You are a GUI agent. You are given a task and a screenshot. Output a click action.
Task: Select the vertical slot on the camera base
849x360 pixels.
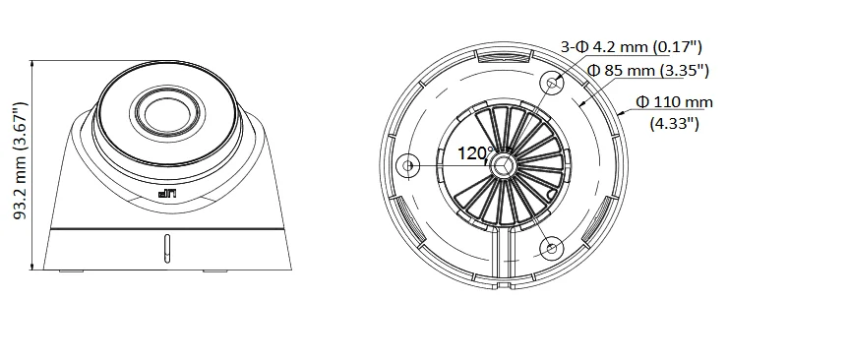tap(167, 249)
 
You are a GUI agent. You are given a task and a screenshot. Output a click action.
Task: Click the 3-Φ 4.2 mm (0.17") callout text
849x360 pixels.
tap(630, 45)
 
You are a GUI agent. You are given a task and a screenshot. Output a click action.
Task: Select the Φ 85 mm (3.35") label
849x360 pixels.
tap(648, 70)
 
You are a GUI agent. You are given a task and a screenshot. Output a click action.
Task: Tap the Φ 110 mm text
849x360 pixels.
tap(675, 101)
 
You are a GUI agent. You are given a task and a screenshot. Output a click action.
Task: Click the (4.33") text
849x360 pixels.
tap(675, 123)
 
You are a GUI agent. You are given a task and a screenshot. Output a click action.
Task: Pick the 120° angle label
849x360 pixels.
tap(476, 153)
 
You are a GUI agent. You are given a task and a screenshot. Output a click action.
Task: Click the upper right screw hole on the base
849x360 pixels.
tap(552, 85)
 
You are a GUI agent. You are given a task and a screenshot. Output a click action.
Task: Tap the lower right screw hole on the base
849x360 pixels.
tap(551, 247)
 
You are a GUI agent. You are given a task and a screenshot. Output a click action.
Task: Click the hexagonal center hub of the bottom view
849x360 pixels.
tap(504, 165)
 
